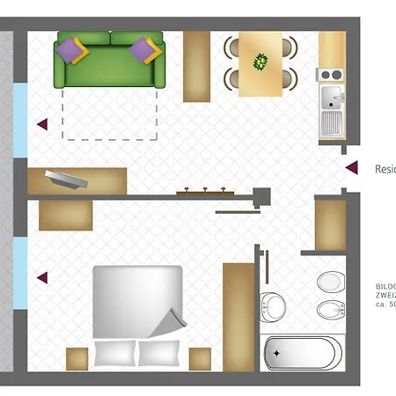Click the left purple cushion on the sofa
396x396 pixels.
[x=71, y=52]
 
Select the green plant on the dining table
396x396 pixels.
[x=260, y=62]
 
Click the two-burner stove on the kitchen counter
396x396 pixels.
[x=332, y=74]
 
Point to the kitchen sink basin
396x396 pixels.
[x=332, y=96]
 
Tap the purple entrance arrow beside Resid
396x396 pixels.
[x=352, y=167]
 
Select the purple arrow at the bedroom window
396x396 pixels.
[x=41, y=278]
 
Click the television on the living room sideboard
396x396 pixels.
[x=67, y=179]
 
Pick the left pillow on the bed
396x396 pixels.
[x=114, y=353]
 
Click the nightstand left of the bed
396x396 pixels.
[x=77, y=358]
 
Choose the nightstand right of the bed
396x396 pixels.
[x=200, y=358]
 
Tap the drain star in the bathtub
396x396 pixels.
[x=276, y=353]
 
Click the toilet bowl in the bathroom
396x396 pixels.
[x=330, y=282]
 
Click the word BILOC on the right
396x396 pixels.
[x=385, y=287]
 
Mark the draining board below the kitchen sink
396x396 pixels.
[x=332, y=122]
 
